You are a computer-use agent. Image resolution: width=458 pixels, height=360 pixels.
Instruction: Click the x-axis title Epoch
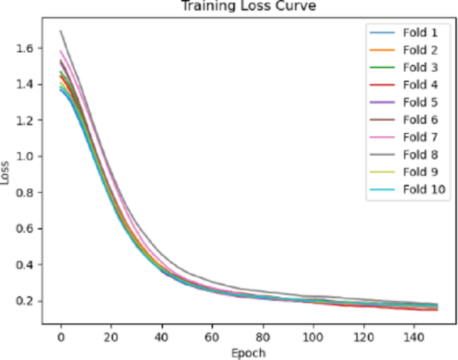pos(249,352)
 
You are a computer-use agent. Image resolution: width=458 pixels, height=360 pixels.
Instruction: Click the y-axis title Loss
pos(6,175)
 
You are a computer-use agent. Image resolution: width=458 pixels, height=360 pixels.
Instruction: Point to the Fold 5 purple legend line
pos(381,102)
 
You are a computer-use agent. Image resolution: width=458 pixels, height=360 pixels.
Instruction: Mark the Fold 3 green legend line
pos(381,67)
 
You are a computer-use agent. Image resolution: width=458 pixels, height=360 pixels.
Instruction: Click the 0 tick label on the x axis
pos(61,337)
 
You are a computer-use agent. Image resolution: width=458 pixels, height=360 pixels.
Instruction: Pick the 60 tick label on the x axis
pos(212,337)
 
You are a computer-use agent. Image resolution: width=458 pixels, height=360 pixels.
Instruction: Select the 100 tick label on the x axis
pos(313,337)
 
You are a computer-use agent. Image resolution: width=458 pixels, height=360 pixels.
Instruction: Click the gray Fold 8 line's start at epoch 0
pos(61,31)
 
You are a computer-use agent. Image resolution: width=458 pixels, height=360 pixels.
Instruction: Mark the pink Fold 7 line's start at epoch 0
pos(61,51)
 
